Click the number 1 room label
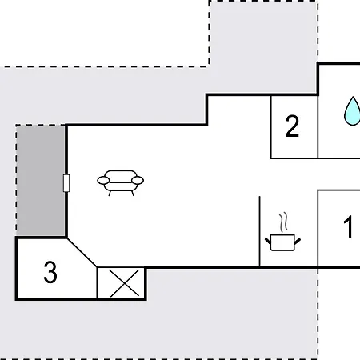[348, 227]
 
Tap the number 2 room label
[292, 126]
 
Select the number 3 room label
[50, 272]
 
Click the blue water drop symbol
[352, 111]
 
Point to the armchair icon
[120, 183]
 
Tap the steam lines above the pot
[284, 222]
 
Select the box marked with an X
[121, 283]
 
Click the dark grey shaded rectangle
[41, 181]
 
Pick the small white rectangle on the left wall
[66, 183]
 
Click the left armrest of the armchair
[103, 181]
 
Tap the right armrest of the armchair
[138, 181]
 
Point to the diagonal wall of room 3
[82, 252]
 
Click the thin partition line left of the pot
[260, 231]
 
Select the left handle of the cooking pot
[268, 241]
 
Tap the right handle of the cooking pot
[298, 241]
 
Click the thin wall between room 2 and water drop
[318, 126]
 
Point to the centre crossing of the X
[125, 283]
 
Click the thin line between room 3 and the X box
[97, 282]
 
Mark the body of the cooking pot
[282, 242]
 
